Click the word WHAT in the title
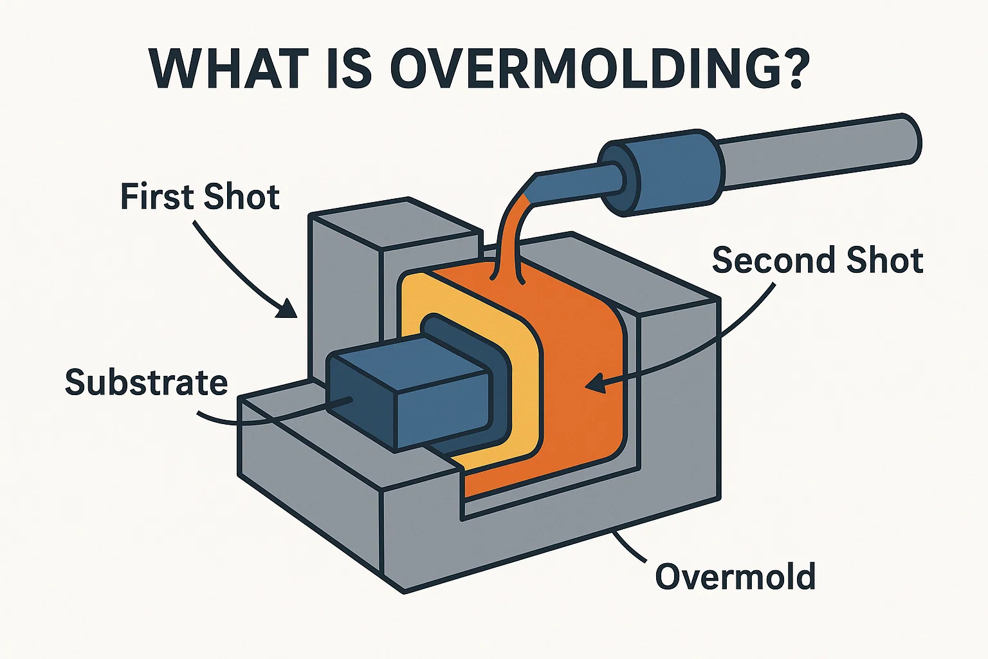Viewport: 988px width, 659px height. point(219,68)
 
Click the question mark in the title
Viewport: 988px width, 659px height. point(788,67)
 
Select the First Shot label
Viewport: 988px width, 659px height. point(200,197)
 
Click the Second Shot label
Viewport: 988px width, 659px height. point(818,261)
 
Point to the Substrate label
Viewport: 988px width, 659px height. point(147,383)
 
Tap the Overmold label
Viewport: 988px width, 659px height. point(735,577)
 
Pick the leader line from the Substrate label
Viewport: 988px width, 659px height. point(270,418)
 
